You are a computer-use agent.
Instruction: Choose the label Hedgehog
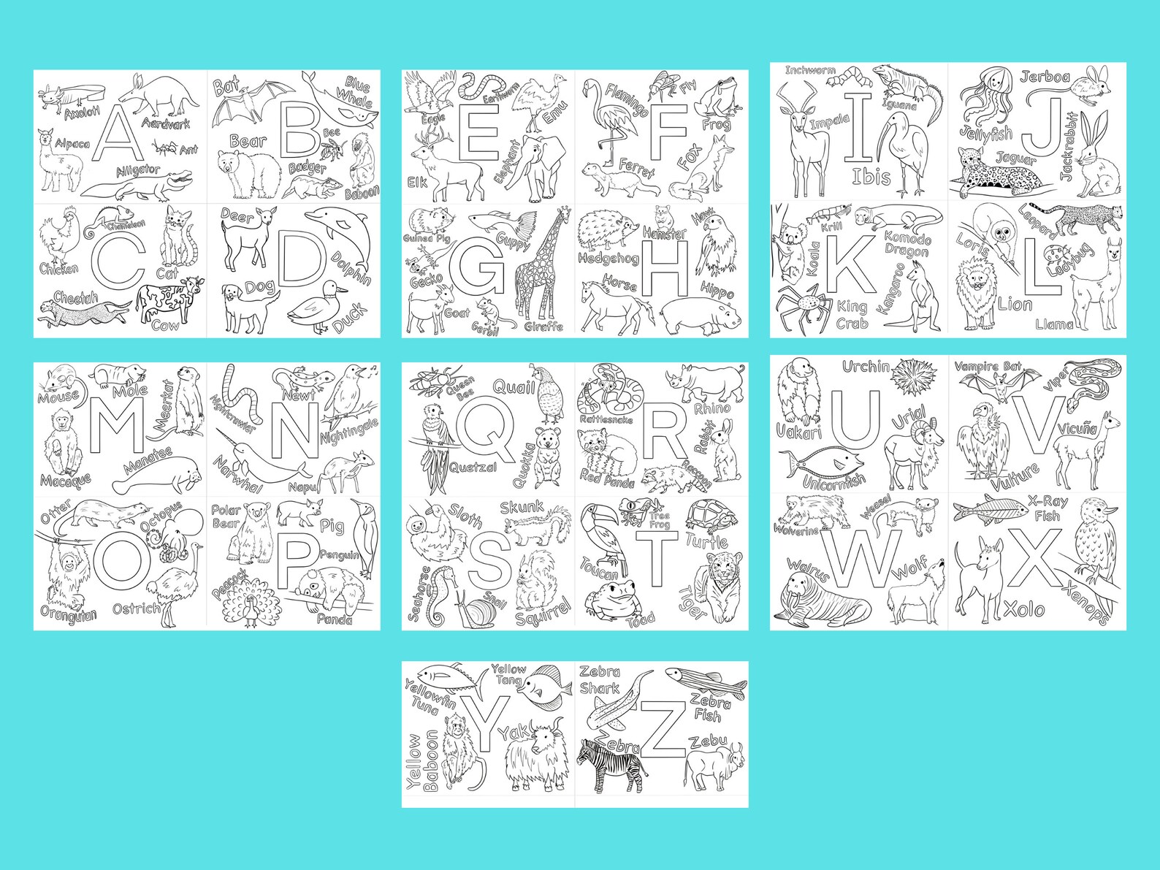coord(608,258)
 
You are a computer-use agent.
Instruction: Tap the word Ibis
coord(871,176)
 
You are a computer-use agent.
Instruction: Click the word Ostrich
coord(136,608)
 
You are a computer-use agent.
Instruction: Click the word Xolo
coord(1023,608)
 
